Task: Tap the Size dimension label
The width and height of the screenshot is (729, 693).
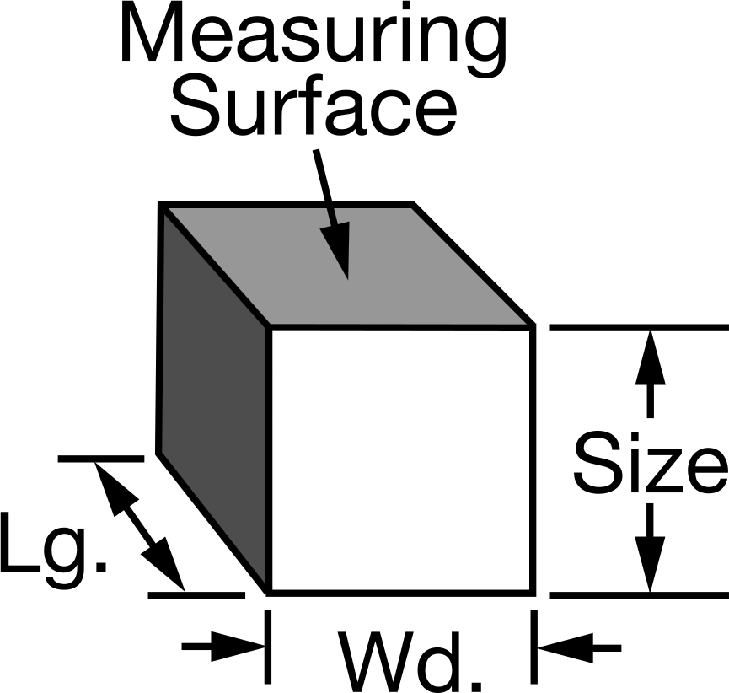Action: [x=650, y=461]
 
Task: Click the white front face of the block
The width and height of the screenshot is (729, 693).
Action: [x=401, y=460]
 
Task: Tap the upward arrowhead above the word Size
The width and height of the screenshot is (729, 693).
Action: [x=650, y=358]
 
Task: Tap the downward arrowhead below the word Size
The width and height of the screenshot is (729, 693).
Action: [x=650, y=565]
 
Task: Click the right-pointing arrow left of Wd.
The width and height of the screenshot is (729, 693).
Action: [x=223, y=647]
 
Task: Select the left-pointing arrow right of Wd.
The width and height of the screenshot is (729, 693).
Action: [x=579, y=647]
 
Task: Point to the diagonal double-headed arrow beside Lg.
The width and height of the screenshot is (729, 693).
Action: [x=139, y=526]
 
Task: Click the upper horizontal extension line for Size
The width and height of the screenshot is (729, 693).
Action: [x=640, y=328]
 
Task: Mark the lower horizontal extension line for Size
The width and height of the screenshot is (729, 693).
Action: [x=640, y=595]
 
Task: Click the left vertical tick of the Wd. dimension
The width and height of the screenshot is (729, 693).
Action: [x=268, y=647]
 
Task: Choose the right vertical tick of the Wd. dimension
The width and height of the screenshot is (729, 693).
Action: [x=533, y=647]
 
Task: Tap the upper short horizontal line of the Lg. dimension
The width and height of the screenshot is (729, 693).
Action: [x=101, y=459]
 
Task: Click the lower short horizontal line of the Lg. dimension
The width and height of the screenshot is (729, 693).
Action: [x=196, y=595]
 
